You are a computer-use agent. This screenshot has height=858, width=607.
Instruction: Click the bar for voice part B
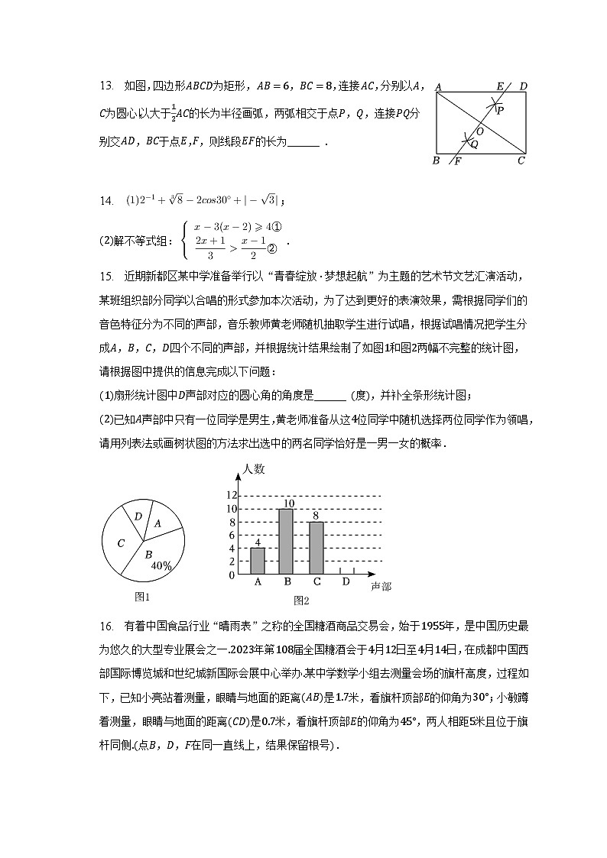[x=287, y=541]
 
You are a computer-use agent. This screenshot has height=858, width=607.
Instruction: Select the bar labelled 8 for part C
[x=316, y=548]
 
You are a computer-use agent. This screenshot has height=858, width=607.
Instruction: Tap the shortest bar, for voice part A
[x=258, y=561]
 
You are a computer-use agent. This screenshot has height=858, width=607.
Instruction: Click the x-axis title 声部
[x=380, y=586]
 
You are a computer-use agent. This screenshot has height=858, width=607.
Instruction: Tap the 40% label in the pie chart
[x=161, y=566]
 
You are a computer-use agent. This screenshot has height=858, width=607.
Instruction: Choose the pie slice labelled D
[x=138, y=516]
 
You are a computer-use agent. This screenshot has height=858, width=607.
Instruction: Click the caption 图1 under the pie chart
[x=141, y=597]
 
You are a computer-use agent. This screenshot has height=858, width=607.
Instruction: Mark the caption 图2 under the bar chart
[x=301, y=601]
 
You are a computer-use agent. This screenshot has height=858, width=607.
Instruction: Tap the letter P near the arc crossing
[x=501, y=110]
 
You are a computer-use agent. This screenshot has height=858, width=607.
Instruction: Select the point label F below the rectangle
[x=457, y=161]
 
